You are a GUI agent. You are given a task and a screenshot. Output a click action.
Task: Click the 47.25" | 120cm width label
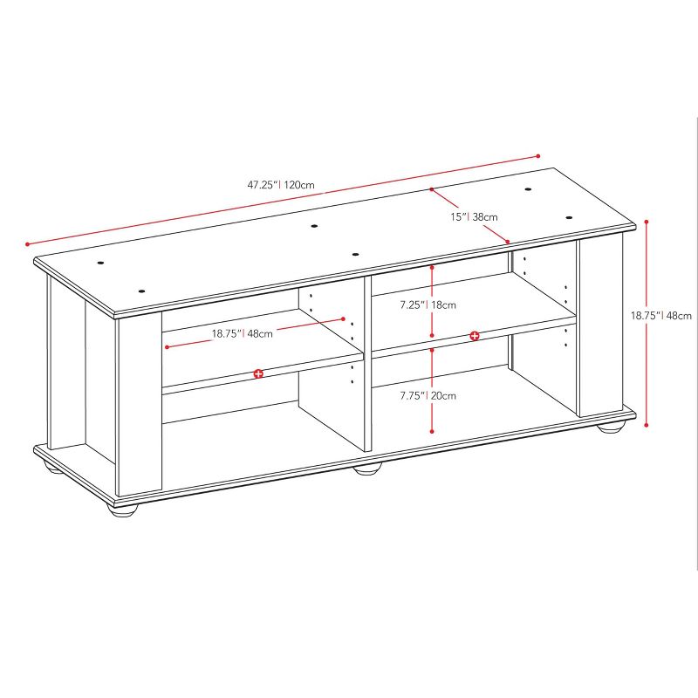pyautogui.click(x=280, y=185)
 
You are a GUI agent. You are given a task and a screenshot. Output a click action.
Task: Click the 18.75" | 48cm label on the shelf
pyautogui.click(x=242, y=332)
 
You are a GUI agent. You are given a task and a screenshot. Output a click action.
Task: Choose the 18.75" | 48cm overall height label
pyautogui.click(x=661, y=316)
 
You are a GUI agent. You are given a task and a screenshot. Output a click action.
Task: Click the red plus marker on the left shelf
pyautogui.click(x=258, y=373)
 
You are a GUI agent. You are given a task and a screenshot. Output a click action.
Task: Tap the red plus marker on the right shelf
pyautogui.click(x=475, y=336)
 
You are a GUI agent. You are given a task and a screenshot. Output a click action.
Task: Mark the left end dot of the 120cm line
pyautogui.click(x=28, y=243)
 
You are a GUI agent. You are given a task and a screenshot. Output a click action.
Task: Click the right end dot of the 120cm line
pyautogui.click(x=538, y=156)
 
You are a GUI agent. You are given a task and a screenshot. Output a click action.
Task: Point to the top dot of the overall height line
pyautogui.click(x=647, y=222)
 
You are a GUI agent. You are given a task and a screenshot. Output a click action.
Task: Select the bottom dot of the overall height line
pyautogui.click(x=647, y=425)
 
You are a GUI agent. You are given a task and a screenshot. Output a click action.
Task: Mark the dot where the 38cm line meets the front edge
pyautogui.click(x=508, y=242)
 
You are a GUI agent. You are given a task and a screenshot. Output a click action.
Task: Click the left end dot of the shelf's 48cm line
pyautogui.click(x=166, y=347)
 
